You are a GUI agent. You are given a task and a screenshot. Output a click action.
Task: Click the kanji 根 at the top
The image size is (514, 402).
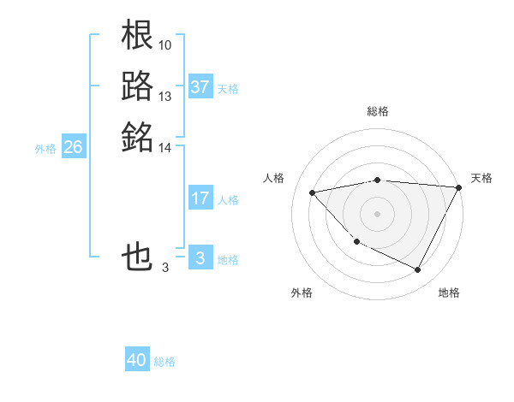click(138, 36)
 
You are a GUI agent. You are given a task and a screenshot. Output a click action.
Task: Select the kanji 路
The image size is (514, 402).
click(138, 86)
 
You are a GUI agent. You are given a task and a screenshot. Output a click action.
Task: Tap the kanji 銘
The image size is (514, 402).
click(138, 135)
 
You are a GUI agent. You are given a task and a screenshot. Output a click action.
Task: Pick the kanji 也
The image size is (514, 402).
click(138, 257)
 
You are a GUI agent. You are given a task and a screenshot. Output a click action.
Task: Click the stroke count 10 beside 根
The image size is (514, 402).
click(165, 44)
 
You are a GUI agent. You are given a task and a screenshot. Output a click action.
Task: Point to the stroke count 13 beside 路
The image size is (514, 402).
click(165, 96)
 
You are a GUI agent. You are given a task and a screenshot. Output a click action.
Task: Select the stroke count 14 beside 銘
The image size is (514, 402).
click(165, 147)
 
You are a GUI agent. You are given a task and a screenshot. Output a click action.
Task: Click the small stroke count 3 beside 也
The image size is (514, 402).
click(164, 268)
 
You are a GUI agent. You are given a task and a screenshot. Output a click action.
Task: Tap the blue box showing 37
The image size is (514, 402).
click(200, 87)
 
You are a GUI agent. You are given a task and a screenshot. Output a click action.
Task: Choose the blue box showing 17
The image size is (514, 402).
click(200, 198)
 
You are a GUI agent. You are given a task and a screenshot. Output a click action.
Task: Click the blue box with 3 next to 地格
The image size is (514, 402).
click(200, 258)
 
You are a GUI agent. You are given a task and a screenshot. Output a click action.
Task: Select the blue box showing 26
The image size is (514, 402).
click(73, 147)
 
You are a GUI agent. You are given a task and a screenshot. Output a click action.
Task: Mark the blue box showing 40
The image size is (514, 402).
click(137, 360)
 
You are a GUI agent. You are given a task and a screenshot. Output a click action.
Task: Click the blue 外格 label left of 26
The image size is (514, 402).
click(45, 148)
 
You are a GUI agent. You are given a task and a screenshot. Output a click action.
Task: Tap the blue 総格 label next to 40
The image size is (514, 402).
click(165, 362)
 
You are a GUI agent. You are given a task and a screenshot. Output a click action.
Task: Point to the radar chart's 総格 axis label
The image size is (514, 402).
click(378, 111)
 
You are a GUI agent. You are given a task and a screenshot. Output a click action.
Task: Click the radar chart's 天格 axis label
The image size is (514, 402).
click(481, 178)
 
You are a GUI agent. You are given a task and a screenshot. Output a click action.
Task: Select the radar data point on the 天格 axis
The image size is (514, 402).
click(459, 187)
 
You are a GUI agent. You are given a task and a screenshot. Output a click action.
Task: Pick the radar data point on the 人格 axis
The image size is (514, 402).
click(313, 192)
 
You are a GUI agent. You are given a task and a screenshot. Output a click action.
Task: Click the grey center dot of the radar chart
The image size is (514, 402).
click(378, 213)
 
